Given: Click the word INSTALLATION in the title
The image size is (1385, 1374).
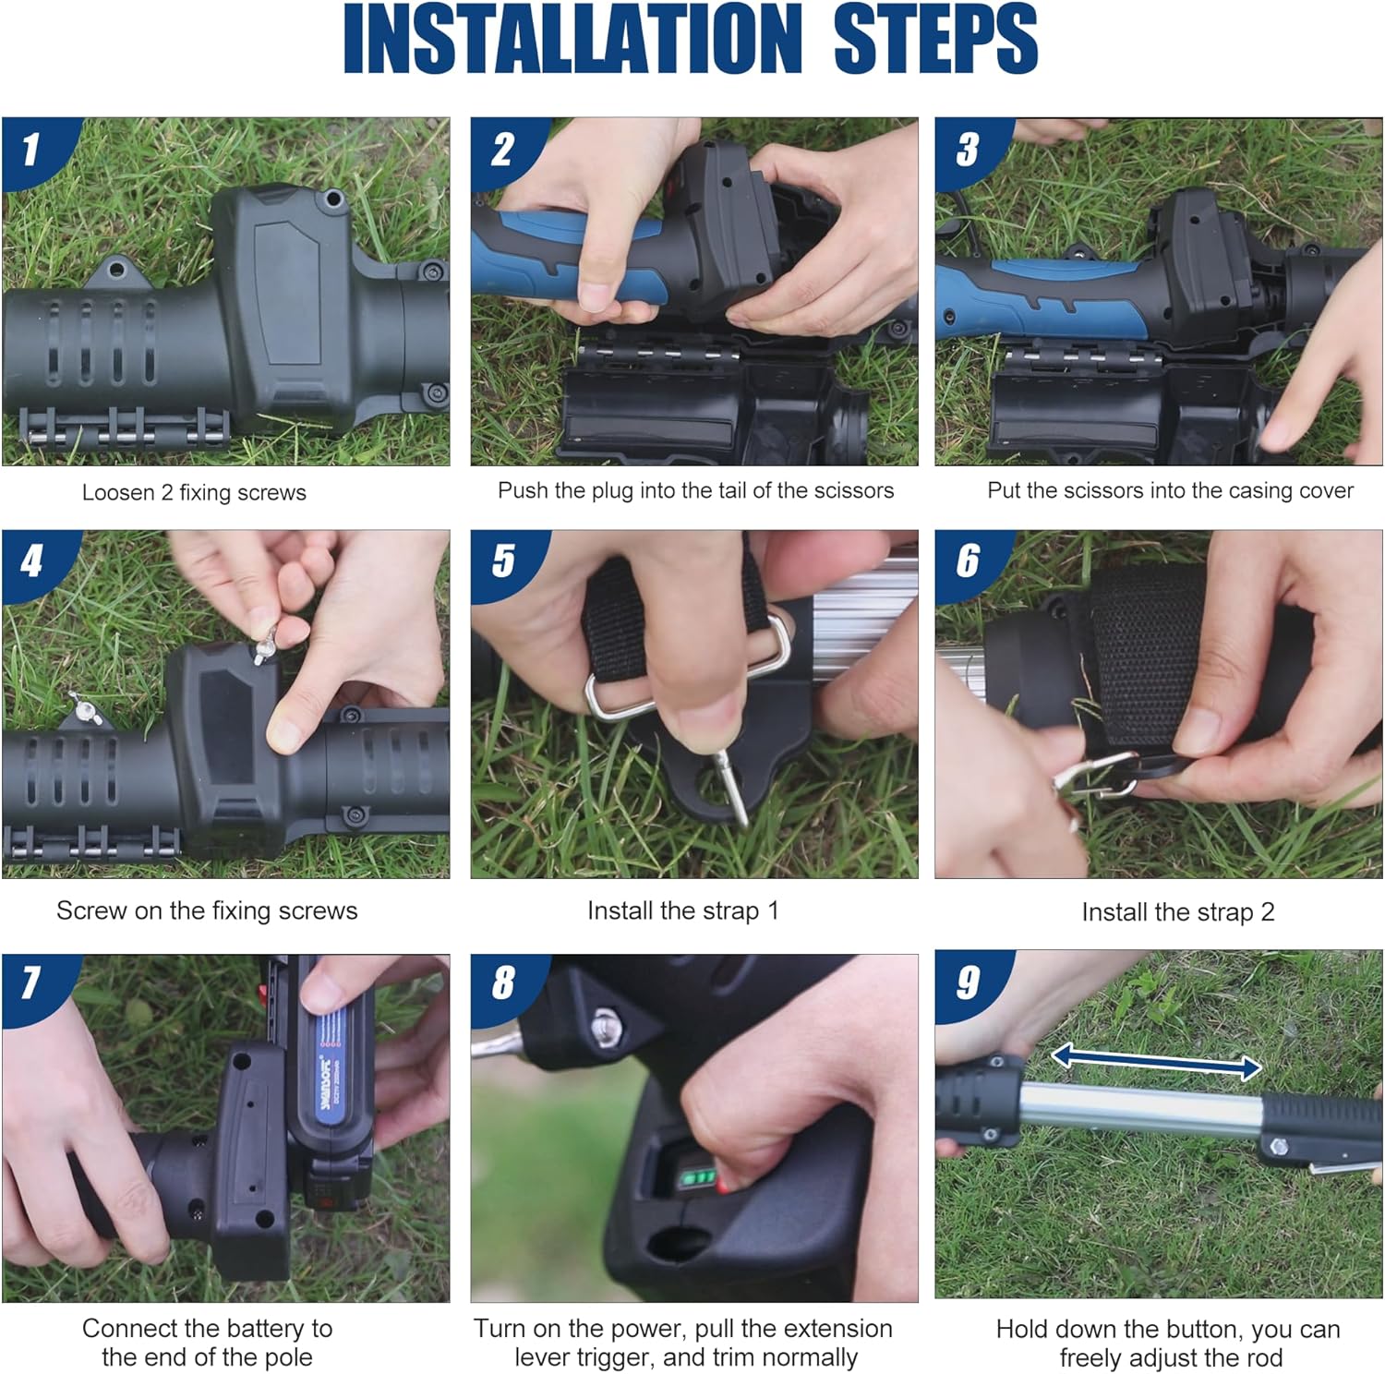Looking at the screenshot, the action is coord(572,39).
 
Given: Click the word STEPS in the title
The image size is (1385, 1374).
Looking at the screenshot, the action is coord(935,39).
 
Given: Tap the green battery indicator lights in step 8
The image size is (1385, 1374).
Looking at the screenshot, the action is coord(699,1178).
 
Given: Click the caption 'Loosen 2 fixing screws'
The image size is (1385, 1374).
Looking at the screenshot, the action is coord(194,492).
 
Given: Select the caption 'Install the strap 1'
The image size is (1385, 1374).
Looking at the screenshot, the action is coord(683,910).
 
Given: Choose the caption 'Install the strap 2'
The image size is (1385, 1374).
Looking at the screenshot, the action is coord(1178,912).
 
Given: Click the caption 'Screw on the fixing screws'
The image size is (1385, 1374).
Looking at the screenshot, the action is coord(207,910).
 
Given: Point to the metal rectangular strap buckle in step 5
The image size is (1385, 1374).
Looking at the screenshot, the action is coord(688,667).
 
